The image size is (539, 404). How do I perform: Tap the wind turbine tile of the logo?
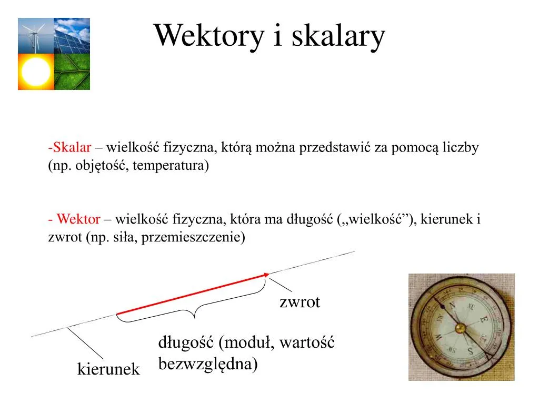pos(36,36)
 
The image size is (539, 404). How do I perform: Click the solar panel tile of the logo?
pos(72,36)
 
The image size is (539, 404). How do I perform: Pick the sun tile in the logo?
pos(36,72)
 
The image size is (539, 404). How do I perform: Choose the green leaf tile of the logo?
pos(72,72)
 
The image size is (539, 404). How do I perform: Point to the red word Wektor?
pos(78,219)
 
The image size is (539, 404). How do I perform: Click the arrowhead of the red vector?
pos(266,274)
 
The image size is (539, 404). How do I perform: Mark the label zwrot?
pos(300,302)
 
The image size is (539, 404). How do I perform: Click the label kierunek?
pos(108,369)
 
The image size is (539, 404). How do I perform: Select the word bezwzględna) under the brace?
pos(208,363)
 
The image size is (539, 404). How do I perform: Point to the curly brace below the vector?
pos(195,310)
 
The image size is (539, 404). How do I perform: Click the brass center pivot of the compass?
pos(461,329)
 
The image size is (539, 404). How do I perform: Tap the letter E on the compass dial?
pos(483,319)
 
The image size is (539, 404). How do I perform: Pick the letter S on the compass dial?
pos(472,351)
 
